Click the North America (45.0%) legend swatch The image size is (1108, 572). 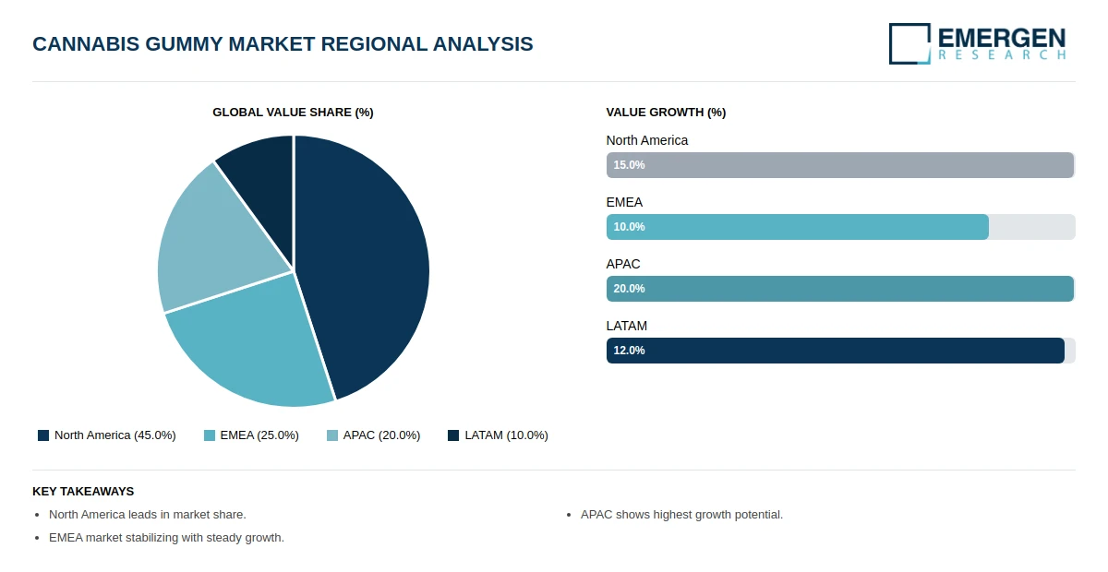43,435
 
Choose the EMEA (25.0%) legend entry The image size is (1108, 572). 251,435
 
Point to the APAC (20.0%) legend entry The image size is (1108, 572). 373,435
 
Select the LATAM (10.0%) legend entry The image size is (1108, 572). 498,435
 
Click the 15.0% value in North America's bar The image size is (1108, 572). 629,165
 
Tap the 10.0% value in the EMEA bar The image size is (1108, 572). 629,227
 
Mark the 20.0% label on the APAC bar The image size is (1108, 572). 629,289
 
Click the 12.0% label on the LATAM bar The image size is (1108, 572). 629,351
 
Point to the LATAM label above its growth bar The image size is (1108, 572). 627,327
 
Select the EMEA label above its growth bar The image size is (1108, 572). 624,203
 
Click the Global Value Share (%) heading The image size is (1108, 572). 293,113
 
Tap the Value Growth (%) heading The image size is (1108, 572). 666,113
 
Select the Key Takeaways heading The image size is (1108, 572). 83,492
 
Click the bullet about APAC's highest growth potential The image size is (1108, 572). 681,515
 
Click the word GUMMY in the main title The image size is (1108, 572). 184,44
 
